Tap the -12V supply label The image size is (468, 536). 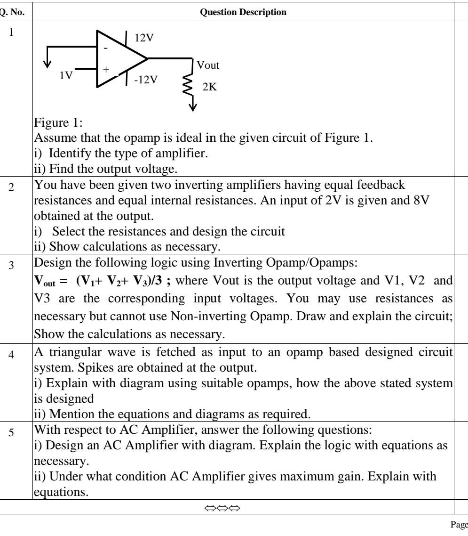pyautogui.click(x=146, y=79)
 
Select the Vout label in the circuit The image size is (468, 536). pyautogui.click(x=207, y=65)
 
